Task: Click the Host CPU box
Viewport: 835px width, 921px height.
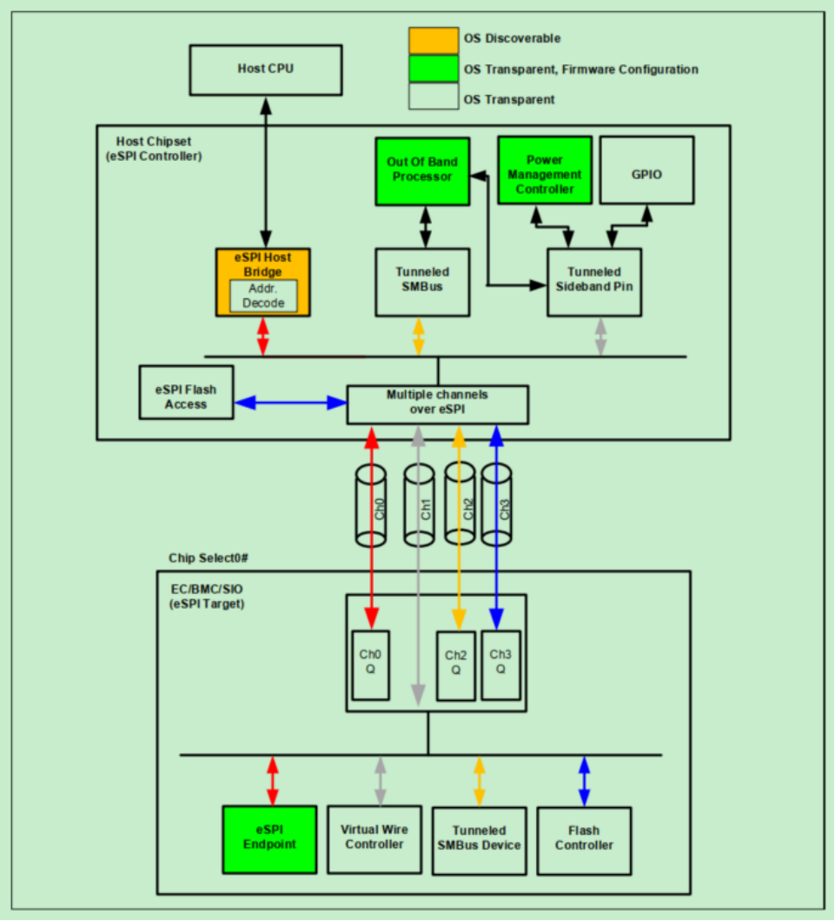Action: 265,69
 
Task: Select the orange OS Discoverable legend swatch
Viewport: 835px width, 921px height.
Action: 433,39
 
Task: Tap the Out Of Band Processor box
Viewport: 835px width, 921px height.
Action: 422,170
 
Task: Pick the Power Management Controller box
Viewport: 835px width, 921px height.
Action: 544,170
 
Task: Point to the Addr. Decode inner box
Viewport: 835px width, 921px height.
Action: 263,296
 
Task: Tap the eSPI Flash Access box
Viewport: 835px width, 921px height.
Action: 186,397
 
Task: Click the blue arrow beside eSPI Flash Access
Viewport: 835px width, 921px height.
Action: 290,403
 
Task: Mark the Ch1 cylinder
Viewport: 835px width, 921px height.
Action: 418,505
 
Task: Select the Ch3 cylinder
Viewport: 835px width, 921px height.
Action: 498,505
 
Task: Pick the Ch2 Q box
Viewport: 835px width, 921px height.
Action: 456,664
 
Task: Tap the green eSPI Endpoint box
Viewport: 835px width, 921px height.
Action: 269,838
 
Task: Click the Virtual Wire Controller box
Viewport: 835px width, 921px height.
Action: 374,838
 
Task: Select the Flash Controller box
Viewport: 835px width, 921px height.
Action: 585,838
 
